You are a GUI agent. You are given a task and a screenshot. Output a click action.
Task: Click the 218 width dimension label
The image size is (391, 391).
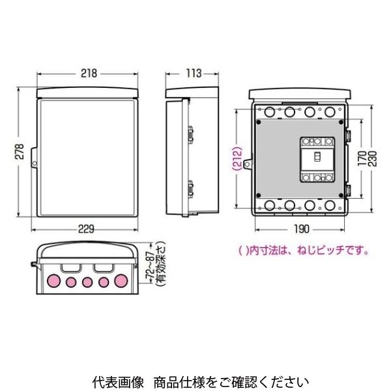89,74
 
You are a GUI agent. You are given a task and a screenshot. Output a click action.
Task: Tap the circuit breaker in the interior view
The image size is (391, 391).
315,160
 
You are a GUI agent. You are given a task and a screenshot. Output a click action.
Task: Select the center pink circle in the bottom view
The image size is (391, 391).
87,282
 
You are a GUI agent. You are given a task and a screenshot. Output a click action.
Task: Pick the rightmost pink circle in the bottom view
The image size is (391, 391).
121,282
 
